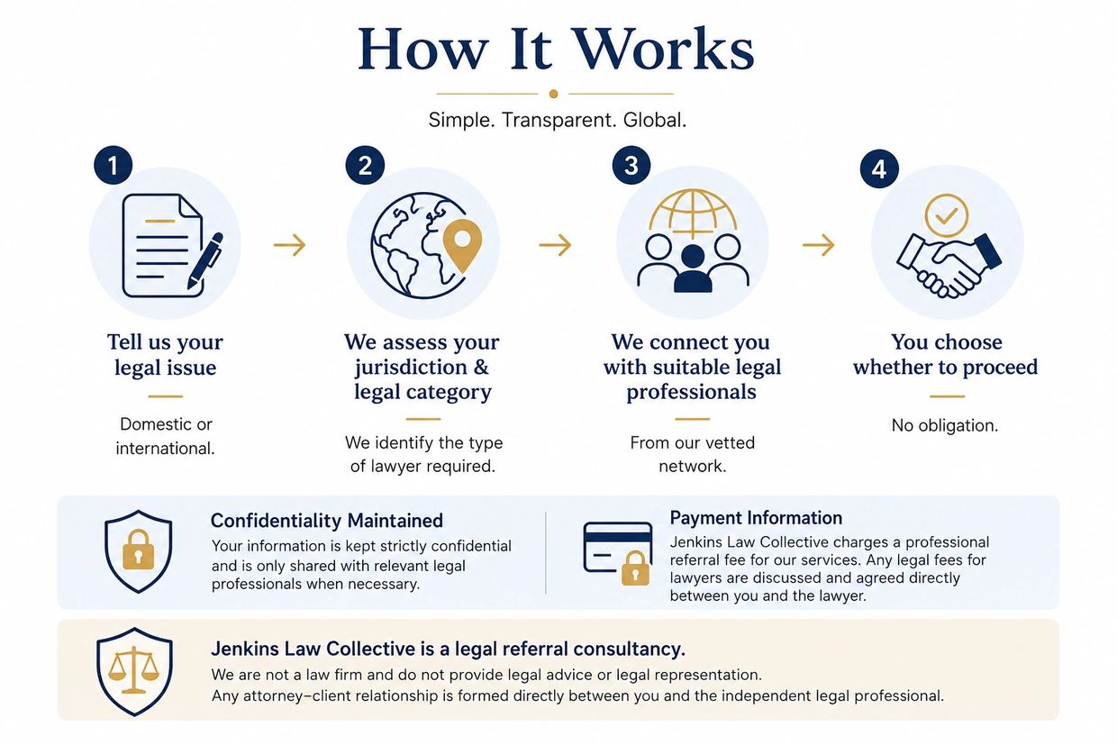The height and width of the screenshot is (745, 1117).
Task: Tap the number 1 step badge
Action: [114, 165]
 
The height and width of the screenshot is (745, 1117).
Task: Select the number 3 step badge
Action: [631, 165]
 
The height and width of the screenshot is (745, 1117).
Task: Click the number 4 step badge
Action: [879, 169]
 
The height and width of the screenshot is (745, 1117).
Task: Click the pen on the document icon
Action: [205, 260]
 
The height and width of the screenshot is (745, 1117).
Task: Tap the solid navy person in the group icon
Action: [693, 268]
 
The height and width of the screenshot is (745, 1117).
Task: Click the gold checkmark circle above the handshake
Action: [947, 215]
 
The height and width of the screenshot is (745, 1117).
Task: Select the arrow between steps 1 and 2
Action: [290, 245]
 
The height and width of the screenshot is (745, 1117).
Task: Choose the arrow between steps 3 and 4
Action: [818, 245]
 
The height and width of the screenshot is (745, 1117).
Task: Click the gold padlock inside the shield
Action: [138, 550]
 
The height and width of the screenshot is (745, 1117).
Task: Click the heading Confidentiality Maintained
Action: [327, 521]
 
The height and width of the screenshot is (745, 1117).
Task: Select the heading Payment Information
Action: [756, 518]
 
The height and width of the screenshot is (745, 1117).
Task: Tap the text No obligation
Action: [945, 425]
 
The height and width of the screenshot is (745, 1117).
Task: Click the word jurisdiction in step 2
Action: [411, 368]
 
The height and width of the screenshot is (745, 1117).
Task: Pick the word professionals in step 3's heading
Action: [691, 393]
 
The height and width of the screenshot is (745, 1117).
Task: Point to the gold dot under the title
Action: [553, 94]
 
